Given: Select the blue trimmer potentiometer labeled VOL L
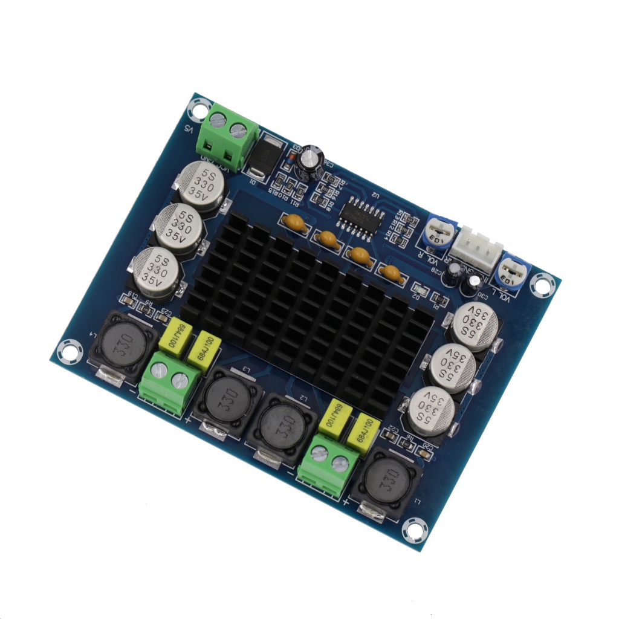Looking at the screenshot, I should (x=511, y=271).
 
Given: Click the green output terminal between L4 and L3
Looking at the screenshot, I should (x=169, y=383).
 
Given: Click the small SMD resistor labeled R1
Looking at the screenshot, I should (x=440, y=300).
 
